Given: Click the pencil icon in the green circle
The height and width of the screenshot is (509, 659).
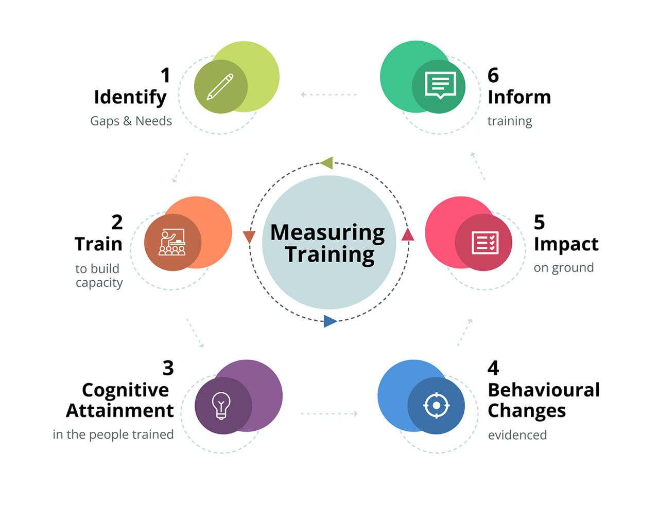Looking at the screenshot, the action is pos(220,86).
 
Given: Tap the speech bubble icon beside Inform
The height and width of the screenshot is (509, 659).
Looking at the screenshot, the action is pos(440,85).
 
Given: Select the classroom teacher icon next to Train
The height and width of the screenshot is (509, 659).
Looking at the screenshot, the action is pos(172,242).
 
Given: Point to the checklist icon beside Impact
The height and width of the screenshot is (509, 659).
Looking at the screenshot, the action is pos(485,243).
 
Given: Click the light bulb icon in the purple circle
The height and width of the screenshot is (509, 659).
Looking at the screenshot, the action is pos(221,405).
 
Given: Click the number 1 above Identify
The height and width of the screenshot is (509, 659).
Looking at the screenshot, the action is pos(165,75).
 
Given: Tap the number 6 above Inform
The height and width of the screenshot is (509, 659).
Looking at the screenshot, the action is pos(493,75).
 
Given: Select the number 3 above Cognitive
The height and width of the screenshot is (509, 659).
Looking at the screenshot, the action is pos(168,368).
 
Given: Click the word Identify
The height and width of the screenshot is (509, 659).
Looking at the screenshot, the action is pos(130,98).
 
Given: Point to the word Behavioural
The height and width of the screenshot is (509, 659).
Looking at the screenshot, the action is pos(544,390).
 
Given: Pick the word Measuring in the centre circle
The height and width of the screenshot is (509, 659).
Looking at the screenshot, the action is pos(327,233).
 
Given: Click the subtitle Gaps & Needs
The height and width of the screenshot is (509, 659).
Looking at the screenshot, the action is pos(131,121).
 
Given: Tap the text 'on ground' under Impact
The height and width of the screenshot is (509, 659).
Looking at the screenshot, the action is pos(563,268).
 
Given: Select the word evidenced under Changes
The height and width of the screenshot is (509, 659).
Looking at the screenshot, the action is pos(517,435).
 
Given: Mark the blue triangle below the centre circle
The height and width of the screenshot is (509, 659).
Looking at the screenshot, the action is pos(329,321).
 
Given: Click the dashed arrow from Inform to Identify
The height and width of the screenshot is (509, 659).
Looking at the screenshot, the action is pos(328,95).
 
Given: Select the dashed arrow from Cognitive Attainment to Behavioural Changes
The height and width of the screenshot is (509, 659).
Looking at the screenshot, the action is pos(329,413).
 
